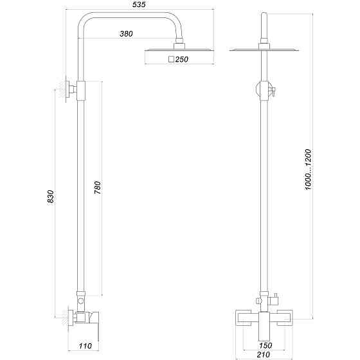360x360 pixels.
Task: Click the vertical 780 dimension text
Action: (98, 188)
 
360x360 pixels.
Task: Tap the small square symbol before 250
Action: (171, 59)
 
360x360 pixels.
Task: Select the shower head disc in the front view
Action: (264, 50)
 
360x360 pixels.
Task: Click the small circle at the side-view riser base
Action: (80, 301)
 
